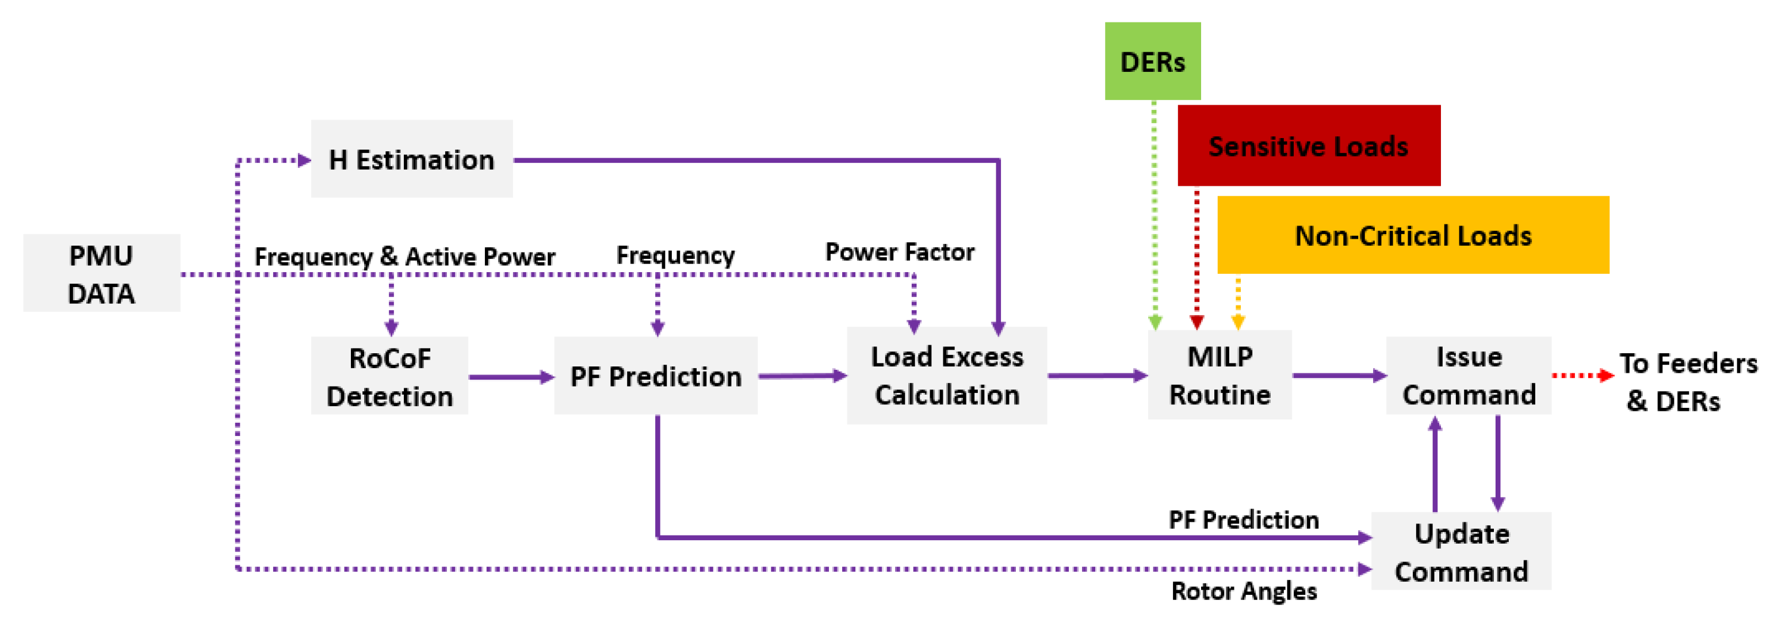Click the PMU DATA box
point(102,273)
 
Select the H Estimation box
point(411,159)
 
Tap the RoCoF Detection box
point(389,376)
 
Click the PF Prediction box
point(656,376)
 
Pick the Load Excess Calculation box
point(947,376)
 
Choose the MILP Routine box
point(1219,375)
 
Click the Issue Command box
point(1469,376)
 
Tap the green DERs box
point(1152,62)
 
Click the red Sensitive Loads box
point(1308,146)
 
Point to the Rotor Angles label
point(1244,591)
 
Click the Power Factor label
point(900,252)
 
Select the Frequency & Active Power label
point(405,257)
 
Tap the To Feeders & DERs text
point(1687,382)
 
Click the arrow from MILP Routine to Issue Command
point(1339,376)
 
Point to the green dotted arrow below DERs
point(1154,213)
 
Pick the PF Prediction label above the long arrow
point(1244,520)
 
